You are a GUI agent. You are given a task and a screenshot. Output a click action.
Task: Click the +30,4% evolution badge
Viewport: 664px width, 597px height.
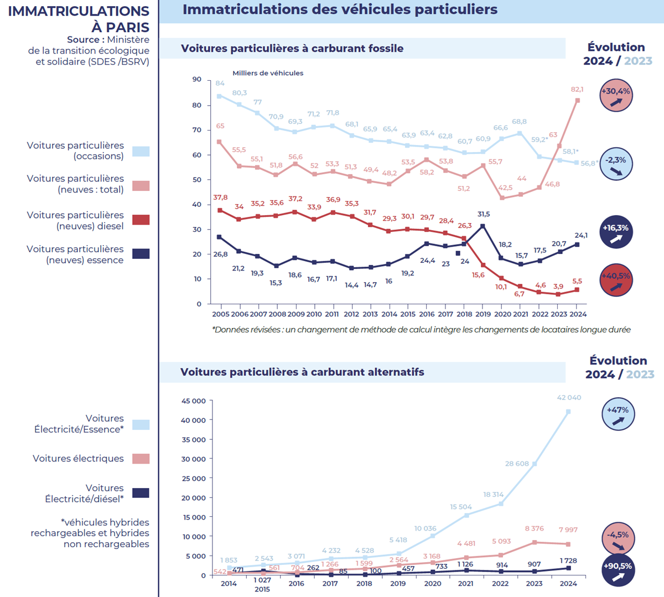616,96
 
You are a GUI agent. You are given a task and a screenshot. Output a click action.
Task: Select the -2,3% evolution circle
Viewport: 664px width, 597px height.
616,164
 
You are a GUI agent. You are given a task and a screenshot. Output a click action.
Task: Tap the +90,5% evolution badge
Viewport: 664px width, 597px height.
618,570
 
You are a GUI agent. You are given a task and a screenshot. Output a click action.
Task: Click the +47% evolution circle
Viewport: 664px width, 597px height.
618,414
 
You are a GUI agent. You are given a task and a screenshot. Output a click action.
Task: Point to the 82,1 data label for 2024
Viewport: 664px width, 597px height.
577,89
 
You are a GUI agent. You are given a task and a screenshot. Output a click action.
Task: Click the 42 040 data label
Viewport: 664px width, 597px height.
569,398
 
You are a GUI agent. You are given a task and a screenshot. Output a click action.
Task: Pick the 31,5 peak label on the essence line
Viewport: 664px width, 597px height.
483,214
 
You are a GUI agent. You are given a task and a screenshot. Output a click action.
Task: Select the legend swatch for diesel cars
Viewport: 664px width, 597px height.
141,220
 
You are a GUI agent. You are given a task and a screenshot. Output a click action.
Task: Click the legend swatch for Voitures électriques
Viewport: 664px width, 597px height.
141,459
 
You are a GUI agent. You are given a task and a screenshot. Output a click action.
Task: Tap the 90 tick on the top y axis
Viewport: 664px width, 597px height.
197,80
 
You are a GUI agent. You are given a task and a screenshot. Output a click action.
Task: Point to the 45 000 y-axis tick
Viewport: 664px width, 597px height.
194,401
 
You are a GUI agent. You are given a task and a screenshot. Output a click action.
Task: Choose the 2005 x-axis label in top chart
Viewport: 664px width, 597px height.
221,314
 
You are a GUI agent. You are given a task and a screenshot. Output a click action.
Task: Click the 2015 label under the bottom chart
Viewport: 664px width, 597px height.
262,589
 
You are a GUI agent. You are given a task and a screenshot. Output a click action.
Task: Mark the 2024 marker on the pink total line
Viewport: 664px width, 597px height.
578,101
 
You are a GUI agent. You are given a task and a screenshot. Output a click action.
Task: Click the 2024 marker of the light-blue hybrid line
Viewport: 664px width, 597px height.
568,412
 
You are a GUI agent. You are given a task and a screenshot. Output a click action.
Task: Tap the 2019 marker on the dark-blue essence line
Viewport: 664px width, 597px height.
483,226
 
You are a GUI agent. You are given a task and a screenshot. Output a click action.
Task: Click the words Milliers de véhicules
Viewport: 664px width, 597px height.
268,73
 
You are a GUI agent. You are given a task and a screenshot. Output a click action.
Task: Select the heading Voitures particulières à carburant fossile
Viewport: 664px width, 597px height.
292,49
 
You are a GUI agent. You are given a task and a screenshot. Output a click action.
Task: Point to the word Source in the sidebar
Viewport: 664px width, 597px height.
85,40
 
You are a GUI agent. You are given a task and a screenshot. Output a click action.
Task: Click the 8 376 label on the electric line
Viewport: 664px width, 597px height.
535,529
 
